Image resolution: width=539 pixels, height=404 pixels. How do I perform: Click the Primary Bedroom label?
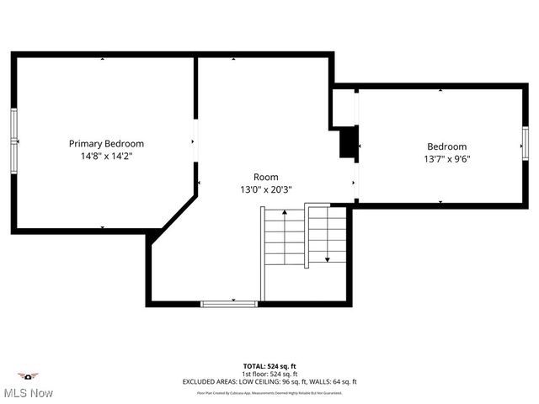click(106, 144)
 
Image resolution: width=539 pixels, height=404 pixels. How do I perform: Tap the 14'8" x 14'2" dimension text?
click(106, 157)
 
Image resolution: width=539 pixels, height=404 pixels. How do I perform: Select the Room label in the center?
click(265, 178)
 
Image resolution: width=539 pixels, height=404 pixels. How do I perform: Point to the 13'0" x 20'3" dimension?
click(265, 190)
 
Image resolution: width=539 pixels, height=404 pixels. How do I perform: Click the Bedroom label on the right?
click(446, 146)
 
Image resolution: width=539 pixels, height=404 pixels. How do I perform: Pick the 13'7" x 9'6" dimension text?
click(446, 159)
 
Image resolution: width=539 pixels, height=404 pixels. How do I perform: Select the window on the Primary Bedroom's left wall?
click(14, 140)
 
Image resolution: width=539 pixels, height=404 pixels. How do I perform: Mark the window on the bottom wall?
click(229, 303)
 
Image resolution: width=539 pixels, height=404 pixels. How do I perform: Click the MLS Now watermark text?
click(28, 393)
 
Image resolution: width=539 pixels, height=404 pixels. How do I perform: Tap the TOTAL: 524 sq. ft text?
click(269, 366)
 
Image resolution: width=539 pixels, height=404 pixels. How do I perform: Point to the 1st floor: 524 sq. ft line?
click(269, 374)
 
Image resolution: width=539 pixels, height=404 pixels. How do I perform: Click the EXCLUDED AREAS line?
click(269, 381)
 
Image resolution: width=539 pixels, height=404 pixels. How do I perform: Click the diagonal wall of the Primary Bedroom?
click(172, 216)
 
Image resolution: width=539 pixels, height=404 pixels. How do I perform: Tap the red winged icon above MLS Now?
click(29, 376)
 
